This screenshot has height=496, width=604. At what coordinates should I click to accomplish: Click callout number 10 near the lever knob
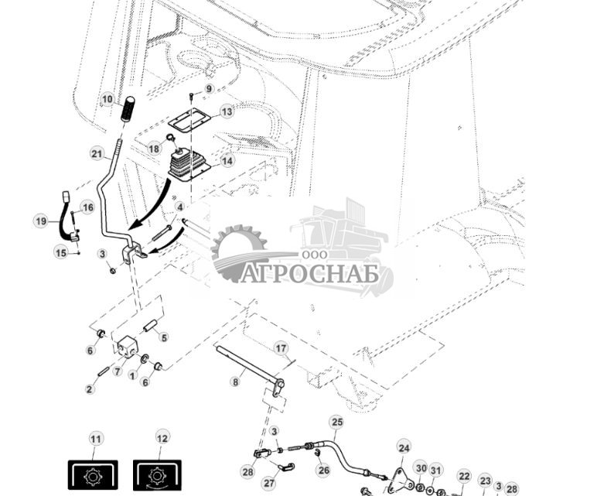click(x=107, y=100)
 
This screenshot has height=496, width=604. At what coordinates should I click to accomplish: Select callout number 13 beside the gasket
click(x=227, y=111)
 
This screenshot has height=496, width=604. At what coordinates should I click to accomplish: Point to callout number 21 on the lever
click(x=97, y=154)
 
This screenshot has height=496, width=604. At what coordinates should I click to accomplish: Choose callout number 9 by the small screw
click(x=208, y=89)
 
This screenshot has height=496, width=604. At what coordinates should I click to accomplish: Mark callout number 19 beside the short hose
click(x=41, y=221)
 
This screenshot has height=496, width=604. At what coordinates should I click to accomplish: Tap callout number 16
click(x=87, y=207)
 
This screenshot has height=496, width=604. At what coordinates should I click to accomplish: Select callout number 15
click(x=61, y=251)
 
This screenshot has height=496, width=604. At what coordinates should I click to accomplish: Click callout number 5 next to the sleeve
click(x=163, y=337)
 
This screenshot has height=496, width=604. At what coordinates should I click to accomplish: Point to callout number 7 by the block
click(x=118, y=371)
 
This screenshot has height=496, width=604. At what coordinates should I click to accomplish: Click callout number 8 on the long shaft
click(x=235, y=381)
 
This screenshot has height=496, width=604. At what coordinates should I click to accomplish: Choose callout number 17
click(x=281, y=348)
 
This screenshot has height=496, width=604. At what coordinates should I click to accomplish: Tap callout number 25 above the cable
click(x=336, y=422)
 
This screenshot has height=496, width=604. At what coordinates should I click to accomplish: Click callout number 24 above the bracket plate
click(x=404, y=447)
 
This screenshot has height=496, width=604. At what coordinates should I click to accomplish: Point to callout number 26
click(x=323, y=470)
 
